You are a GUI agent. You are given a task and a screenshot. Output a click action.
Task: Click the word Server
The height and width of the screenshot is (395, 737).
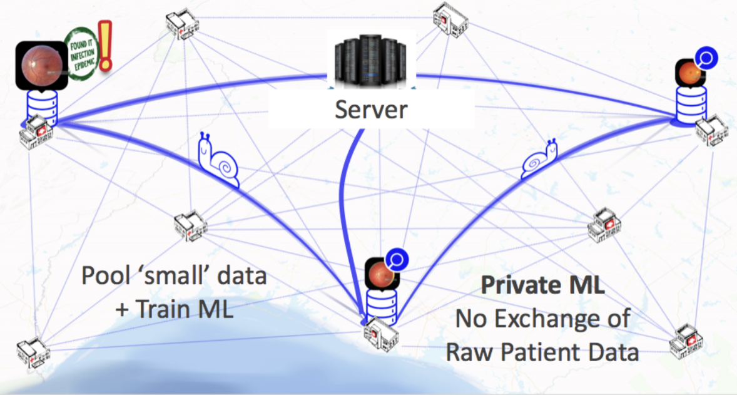(370, 110)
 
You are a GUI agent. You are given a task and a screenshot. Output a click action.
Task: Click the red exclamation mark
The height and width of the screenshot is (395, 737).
(106, 44)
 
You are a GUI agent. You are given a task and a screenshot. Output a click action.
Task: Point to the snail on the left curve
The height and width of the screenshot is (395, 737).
(218, 161)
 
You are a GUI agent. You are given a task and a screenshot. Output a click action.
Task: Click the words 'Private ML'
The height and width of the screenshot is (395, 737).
(542, 286)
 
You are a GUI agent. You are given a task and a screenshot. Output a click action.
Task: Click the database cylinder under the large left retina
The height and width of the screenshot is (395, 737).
(43, 106)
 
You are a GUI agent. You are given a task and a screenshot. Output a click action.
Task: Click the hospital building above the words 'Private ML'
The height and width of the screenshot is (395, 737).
(604, 224)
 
